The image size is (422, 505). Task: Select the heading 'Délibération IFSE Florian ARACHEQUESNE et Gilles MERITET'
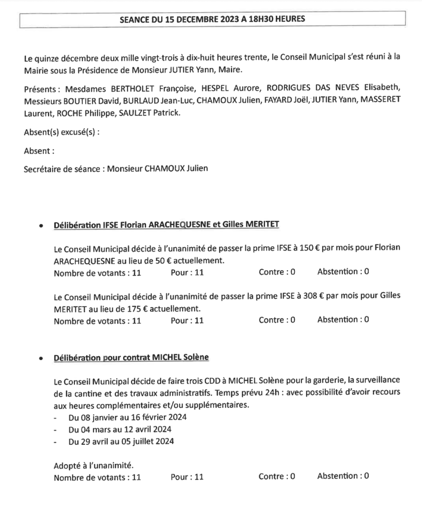point(166,225)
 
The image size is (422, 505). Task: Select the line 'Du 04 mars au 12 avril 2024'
point(120,429)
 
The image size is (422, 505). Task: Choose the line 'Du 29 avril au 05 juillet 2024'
point(121,441)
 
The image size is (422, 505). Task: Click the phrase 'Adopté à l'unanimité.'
point(94,465)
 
